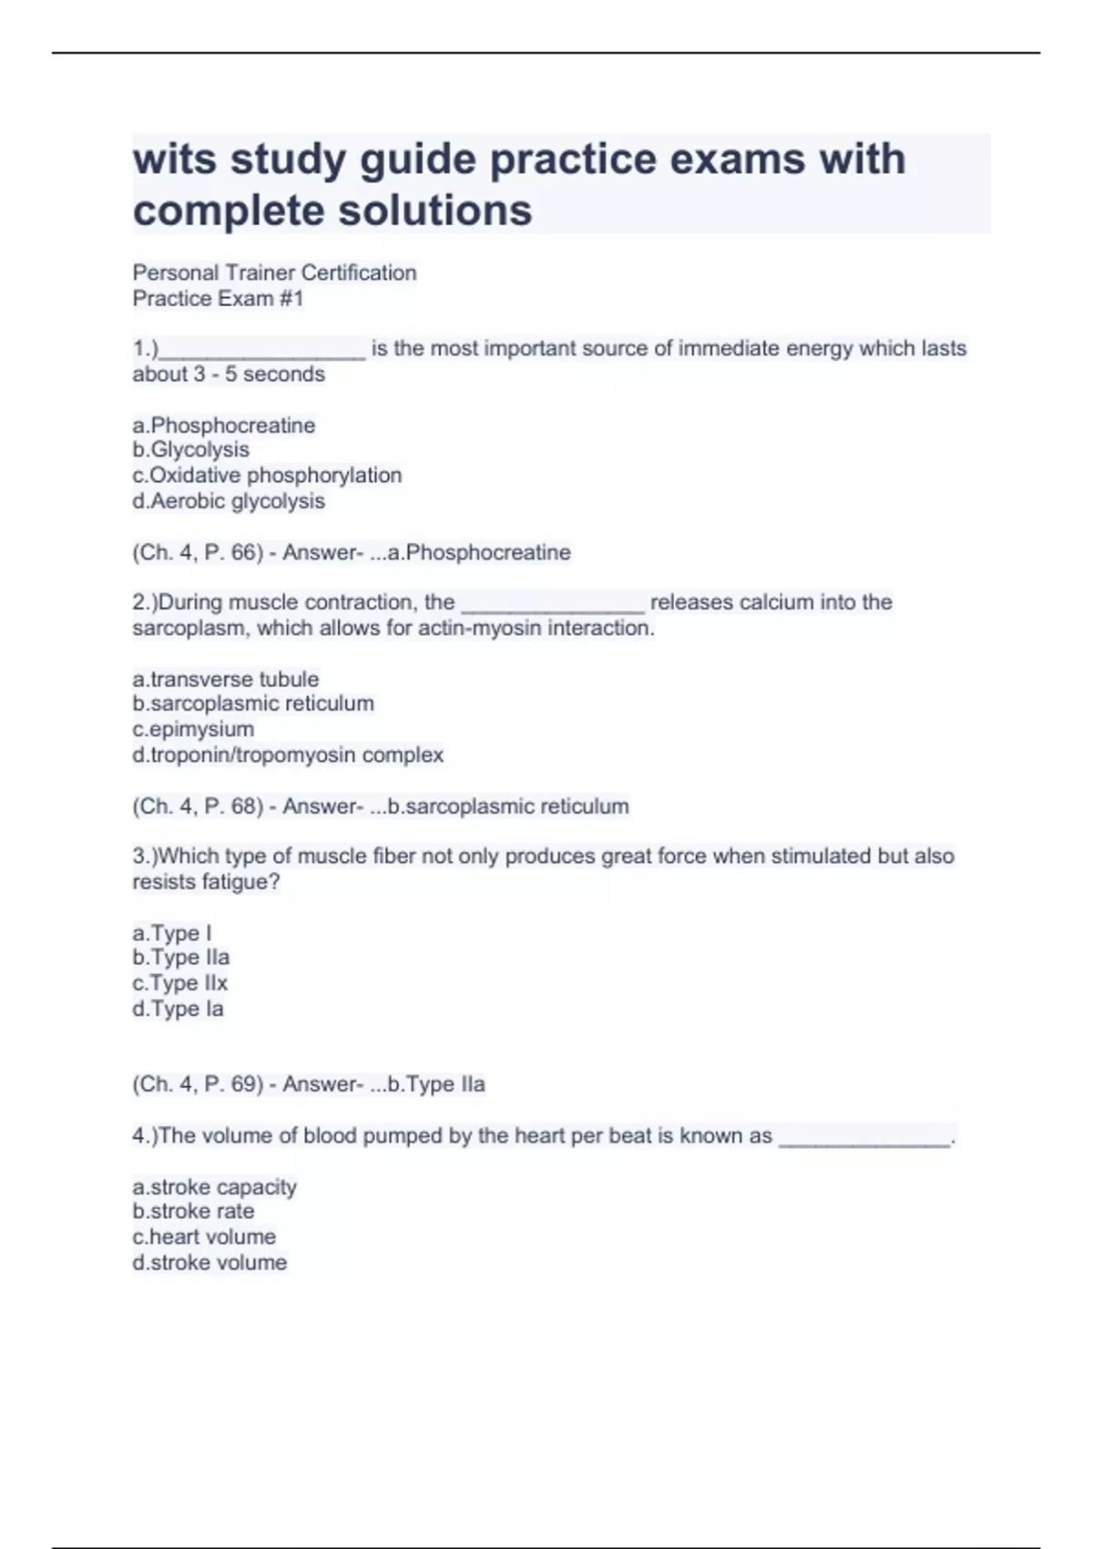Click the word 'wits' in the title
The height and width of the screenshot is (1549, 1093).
point(174,159)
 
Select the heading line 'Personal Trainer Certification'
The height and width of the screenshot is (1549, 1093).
point(274,272)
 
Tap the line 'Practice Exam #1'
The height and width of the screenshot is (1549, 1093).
point(218,298)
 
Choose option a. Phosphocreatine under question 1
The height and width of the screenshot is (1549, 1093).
point(224,425)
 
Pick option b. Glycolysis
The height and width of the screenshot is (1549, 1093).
point(190,449)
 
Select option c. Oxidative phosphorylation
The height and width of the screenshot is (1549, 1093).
point(267,475)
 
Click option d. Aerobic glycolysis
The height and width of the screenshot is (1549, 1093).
point(229,500)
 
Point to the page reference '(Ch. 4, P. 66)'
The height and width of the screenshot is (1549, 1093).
point(198,552)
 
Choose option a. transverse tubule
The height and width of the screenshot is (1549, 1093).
point(226,679)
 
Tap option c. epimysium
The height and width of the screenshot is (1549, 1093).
point(193,729)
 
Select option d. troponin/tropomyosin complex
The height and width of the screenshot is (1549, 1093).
point(288,754)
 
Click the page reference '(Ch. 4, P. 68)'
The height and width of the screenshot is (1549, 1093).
point(198,806)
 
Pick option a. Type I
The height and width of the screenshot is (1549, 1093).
point(172,933)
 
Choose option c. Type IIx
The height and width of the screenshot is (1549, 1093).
point(179,983)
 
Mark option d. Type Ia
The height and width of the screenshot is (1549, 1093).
point(178,1009)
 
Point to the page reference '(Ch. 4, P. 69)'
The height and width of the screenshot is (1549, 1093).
point(198,1084)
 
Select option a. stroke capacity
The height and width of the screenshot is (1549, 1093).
point(215,1187)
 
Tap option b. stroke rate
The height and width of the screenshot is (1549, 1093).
point(193,1211)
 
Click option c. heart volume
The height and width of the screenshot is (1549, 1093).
point(204,1236)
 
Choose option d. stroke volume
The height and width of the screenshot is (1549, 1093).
point(209,1262)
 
